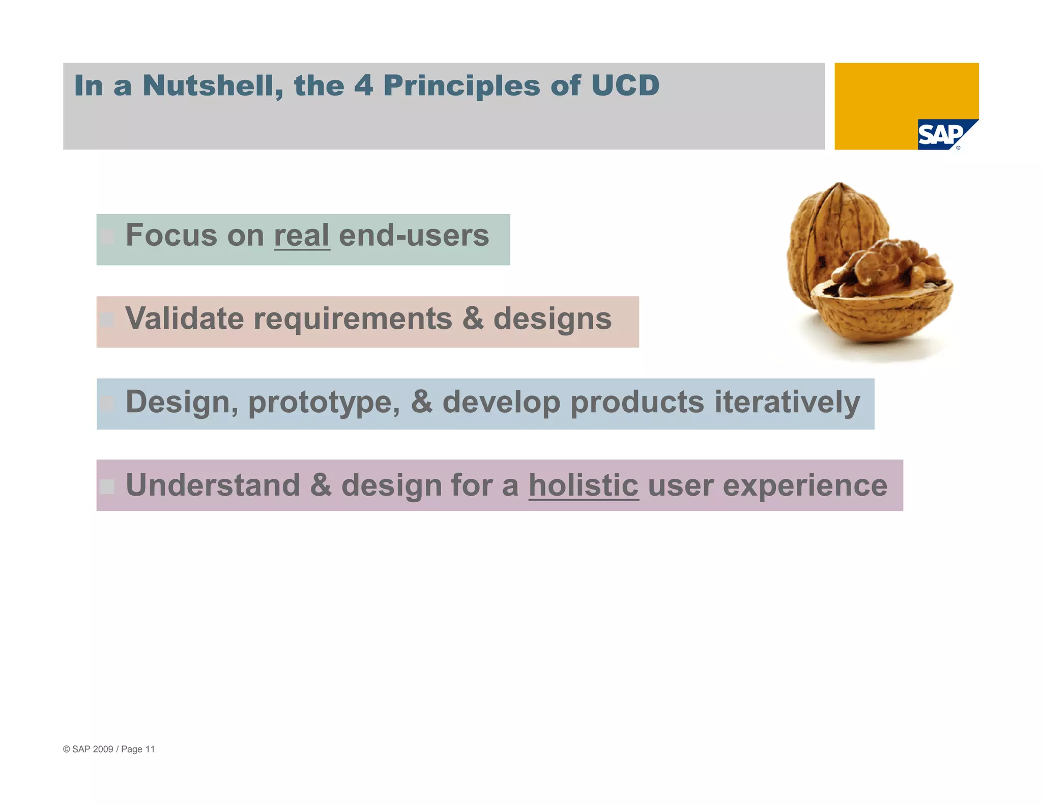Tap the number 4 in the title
pos(364,85)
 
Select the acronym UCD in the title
pos(625,85)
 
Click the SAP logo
pos(942,135)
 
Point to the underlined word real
pos(302,236)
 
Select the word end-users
pos(414,236)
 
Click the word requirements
pos(353,319)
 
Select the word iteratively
pos(787,402)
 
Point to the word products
pos(638,402)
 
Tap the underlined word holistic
pos(583,485)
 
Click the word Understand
pos(213,485)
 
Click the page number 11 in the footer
pos(150,749)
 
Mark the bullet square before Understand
pos(107,486)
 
